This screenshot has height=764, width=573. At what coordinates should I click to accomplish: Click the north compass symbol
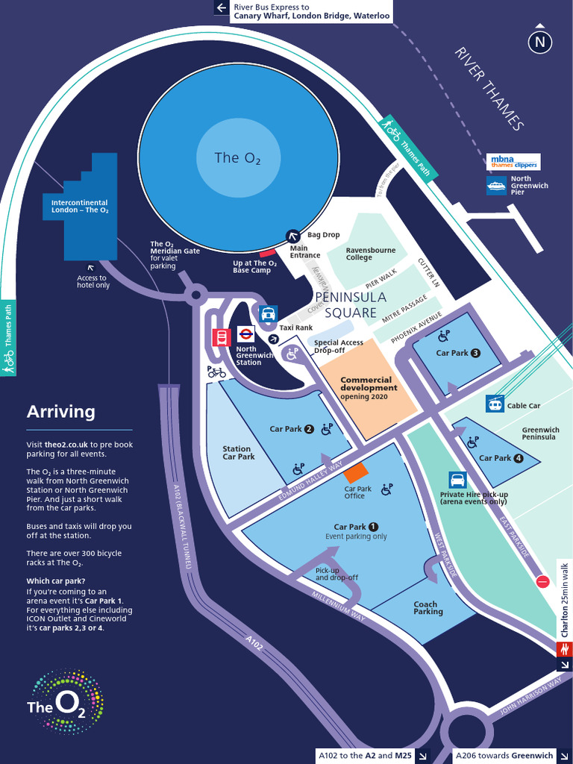tap(540, 42)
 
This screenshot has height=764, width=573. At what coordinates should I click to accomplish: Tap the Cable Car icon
tap(494, 404)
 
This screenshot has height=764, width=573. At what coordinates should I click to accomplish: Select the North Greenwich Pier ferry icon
tap(496, 185)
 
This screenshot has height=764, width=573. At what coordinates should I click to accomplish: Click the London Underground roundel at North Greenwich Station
tap(245, 335)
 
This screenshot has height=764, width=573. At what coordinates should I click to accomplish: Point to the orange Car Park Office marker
tap(355, 472)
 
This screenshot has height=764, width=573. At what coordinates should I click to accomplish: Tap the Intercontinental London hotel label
tap(79, 206)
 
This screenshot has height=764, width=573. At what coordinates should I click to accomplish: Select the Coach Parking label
tap(428, 608)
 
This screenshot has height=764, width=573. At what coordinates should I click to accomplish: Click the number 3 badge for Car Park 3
tap(475, 353)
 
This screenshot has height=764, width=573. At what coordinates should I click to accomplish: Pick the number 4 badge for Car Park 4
tap(519, 458)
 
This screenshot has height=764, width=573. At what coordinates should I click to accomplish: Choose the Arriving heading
tap(61, 411)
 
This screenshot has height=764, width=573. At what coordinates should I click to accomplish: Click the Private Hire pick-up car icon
tap(457, 479)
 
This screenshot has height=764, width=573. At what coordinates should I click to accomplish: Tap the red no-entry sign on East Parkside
tap(542, 582)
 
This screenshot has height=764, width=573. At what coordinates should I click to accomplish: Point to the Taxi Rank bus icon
tap(268, 313)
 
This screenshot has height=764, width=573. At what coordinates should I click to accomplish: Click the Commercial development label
tap(366, 383)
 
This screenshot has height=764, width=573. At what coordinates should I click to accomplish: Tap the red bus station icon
tap(222, 337)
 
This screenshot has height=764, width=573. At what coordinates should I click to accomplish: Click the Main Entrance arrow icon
tap(295, 236)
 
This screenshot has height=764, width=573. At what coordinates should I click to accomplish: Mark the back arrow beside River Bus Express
tap(221, 8)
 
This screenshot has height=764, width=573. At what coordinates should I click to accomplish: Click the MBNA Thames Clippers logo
tap(513, 161)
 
